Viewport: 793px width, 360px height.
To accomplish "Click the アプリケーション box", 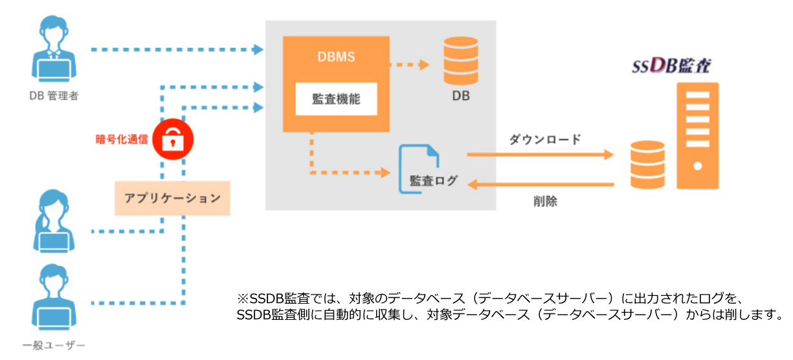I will pos(172,198).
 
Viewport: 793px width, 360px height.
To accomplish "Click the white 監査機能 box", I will pos(336,99).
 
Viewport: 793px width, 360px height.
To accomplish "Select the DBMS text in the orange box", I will pos(336,57).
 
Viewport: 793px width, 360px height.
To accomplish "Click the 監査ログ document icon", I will pos(419,168).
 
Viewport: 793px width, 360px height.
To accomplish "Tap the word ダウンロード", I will pos(545,139).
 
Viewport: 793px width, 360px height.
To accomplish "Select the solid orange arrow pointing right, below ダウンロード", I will pos(540,155).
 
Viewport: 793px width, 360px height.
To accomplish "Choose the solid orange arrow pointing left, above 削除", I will pos(540,185).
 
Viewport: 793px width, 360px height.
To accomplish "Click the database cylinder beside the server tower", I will pos(648,164).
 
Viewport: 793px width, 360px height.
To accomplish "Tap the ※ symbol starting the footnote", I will pos(243,299).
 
